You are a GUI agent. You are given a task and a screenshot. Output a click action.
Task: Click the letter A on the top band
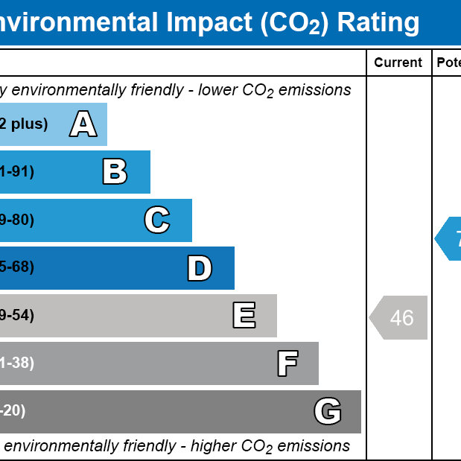[83, 124]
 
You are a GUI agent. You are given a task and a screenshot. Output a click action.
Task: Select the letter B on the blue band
[115, 171]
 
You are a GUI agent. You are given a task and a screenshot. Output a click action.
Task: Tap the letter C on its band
[157, 220]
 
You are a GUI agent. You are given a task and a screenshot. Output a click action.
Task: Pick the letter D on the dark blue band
[200, 268]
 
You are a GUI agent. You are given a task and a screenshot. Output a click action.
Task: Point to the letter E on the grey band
[244, 316]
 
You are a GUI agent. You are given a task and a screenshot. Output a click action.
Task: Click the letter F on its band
[287, 363]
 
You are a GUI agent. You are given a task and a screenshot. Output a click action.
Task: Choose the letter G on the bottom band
[328, 411]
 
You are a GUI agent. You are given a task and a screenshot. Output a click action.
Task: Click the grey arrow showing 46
[399, 317]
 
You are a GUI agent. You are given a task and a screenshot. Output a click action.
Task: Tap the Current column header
[398, 63]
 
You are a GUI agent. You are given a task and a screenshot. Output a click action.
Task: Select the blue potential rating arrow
[449, 239]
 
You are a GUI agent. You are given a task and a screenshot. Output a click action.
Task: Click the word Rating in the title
[378, 22]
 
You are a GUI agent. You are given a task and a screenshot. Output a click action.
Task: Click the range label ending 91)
[16, 172]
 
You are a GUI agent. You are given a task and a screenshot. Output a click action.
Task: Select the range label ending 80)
[16, 220]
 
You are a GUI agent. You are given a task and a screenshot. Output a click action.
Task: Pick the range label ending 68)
[16, 267]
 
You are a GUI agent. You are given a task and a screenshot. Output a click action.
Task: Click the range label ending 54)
[16, 316]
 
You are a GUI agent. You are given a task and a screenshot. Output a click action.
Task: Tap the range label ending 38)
[16, 363]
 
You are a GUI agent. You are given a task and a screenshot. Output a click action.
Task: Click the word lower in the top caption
[215, 90]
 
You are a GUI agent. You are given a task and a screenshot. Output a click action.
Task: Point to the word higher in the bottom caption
[214, 446]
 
